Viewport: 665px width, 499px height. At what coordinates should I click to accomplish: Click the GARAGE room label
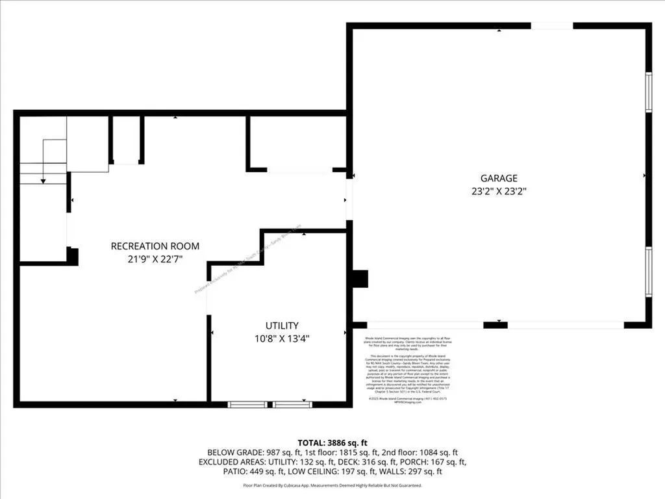click(499, 178)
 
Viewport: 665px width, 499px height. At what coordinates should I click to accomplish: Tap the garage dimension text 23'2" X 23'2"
click(499, 192)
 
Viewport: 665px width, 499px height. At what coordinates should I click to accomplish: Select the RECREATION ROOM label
click(155, 246)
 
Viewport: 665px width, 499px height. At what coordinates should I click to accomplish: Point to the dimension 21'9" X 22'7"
click(155, 259)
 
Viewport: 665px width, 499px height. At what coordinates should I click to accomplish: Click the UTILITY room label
click(281, 326)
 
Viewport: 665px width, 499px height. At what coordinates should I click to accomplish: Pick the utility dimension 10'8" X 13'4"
click(281, 339)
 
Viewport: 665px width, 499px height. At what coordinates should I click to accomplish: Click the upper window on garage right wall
click(647, 92)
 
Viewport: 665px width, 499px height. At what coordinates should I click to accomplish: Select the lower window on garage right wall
click(647, 272)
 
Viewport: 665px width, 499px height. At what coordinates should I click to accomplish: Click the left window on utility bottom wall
click(247, 404)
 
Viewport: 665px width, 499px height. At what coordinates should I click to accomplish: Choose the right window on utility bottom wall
click(292, 404)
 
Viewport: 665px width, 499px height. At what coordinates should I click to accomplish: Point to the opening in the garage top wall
click(552, 26)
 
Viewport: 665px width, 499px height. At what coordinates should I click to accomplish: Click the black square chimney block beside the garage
click(359, 278)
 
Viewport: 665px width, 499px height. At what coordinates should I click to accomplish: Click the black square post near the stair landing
click(73, 256)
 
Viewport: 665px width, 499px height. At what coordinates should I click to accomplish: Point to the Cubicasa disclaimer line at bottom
click(332, 485)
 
